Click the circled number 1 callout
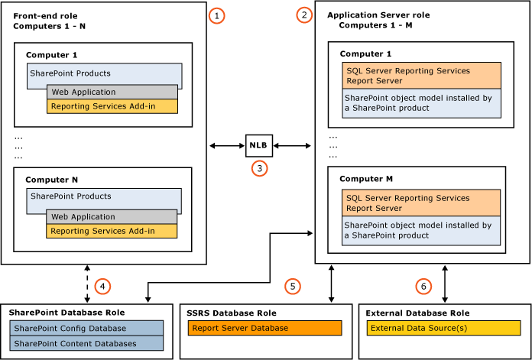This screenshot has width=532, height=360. tap(218, 15)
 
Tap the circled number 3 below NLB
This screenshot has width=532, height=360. tap(260, 168)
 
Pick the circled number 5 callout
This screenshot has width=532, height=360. tap(292, 286)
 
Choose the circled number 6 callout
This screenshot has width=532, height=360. tap(423, 286)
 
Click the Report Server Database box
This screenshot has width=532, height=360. tap(264, 329)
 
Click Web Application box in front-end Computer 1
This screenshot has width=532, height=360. tap(112, 92)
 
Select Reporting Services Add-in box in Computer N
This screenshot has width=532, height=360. tap(112, 231)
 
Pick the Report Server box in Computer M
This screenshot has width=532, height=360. tap(421, 203)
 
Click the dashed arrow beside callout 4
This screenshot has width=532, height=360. tap(88, 284)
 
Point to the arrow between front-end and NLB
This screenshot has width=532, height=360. tap(227, 144)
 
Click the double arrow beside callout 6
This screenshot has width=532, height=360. tap(445, 284)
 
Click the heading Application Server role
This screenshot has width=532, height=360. tap(378, 15)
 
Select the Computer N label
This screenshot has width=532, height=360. tap(52, 180)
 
